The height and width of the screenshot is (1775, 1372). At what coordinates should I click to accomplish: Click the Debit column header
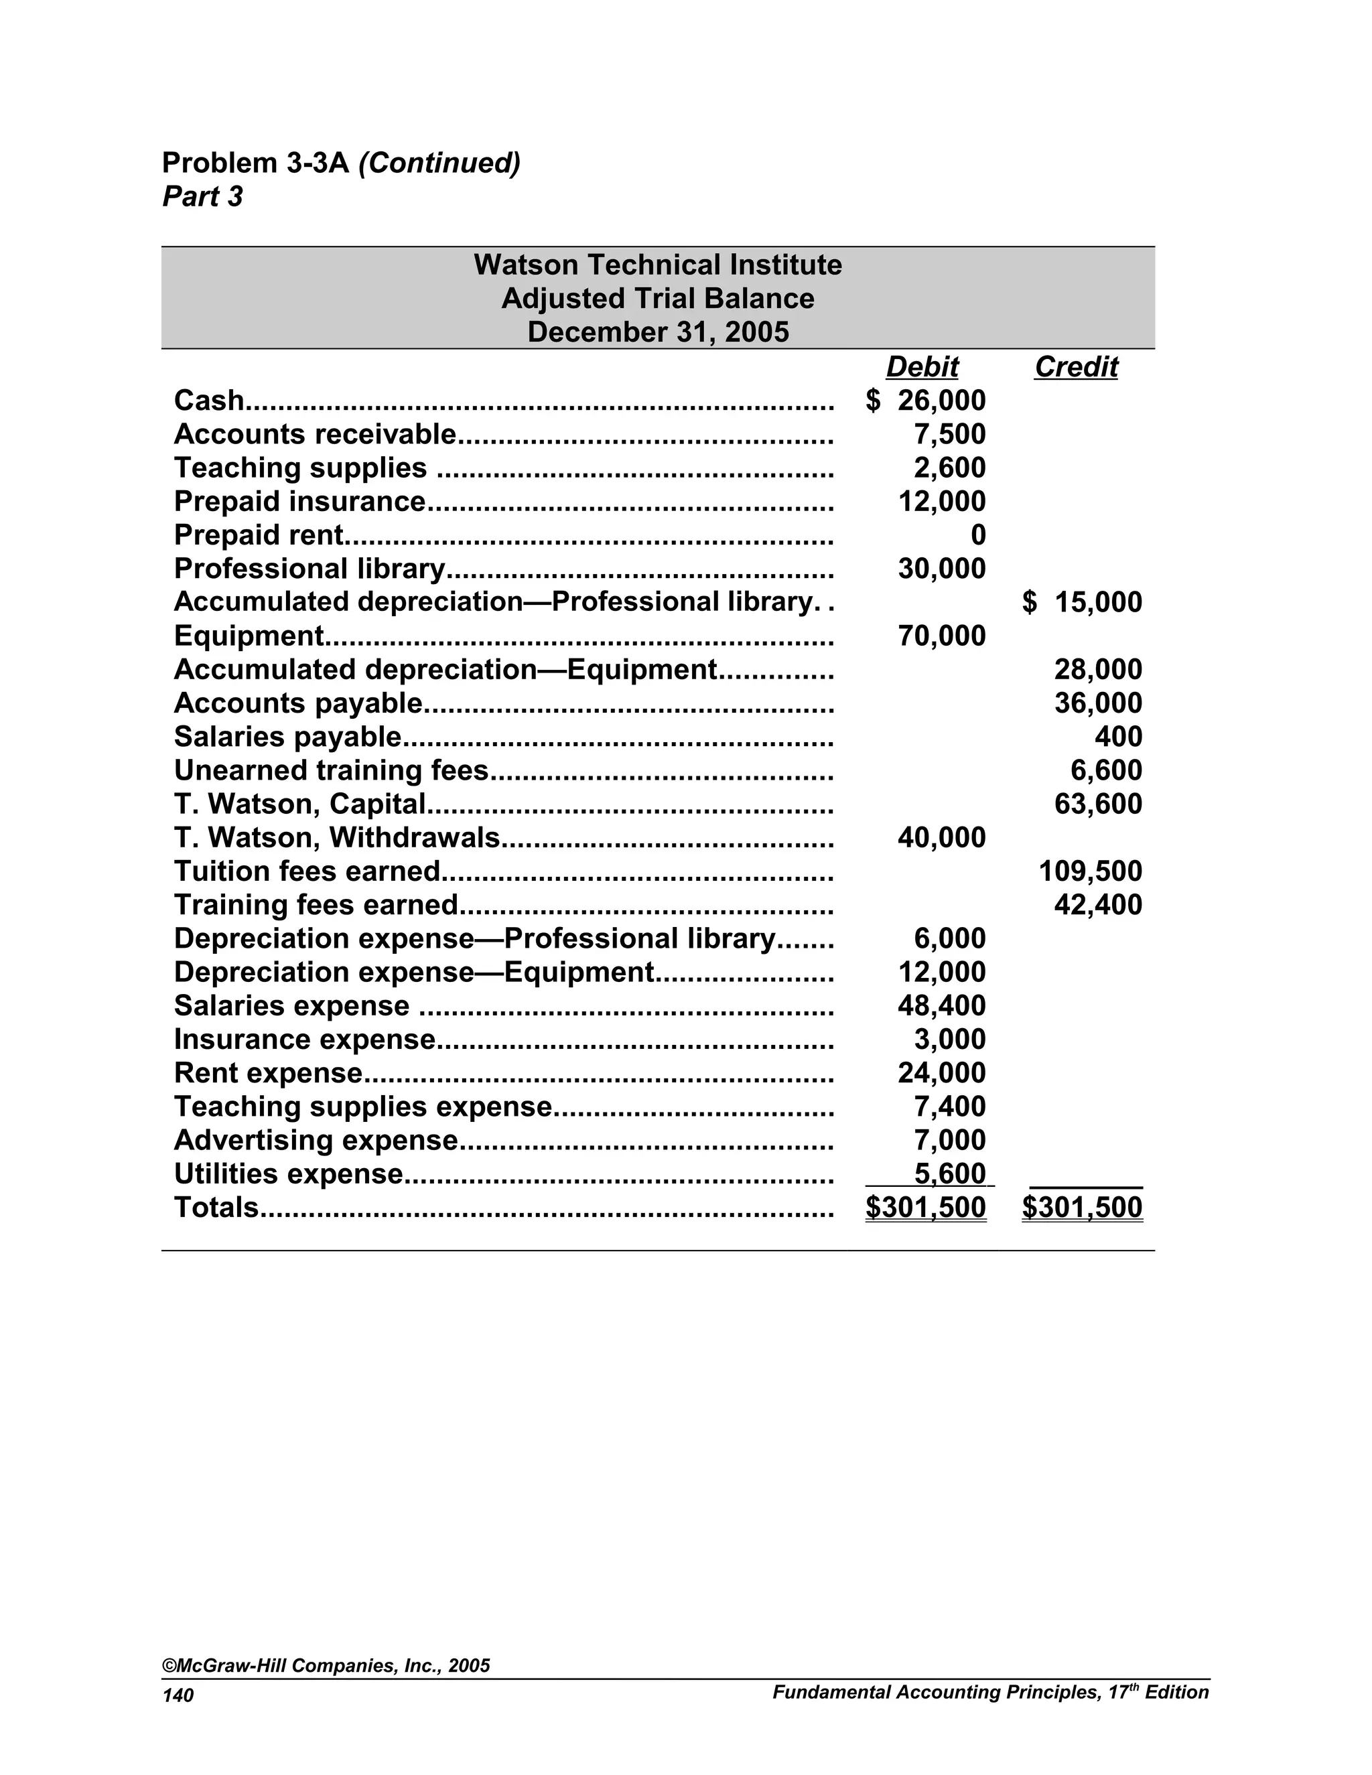922,366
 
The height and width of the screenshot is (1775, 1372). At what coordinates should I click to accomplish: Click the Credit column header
1075,366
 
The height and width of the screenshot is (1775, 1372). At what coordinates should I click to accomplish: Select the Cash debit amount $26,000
927,401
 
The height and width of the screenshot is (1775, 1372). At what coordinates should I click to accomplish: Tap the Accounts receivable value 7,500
949,434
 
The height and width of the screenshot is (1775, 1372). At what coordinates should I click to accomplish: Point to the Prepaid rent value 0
978,535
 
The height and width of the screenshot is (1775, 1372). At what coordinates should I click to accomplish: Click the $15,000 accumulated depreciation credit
1082,602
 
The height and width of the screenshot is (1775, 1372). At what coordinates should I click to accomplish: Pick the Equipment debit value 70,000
941,636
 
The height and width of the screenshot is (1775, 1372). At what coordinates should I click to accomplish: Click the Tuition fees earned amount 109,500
1090,871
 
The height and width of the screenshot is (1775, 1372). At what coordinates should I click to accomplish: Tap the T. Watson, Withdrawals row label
336,837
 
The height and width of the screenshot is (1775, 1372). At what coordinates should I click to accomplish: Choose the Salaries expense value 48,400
941,1005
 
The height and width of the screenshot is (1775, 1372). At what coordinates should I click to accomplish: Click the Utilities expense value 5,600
949,1174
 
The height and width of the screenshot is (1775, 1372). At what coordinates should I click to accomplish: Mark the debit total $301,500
926,1208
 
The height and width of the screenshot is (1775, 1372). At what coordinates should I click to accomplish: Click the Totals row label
216,1208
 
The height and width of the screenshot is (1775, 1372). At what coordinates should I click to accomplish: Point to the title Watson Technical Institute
658,265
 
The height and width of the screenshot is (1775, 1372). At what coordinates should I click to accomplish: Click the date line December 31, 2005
658,332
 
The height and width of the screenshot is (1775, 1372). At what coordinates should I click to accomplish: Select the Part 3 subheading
202,197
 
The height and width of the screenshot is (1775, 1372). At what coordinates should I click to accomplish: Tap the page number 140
178,1695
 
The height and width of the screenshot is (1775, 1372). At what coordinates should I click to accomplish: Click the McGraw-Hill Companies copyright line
326,1665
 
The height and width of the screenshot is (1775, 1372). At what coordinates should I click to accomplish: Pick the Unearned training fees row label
331,770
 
